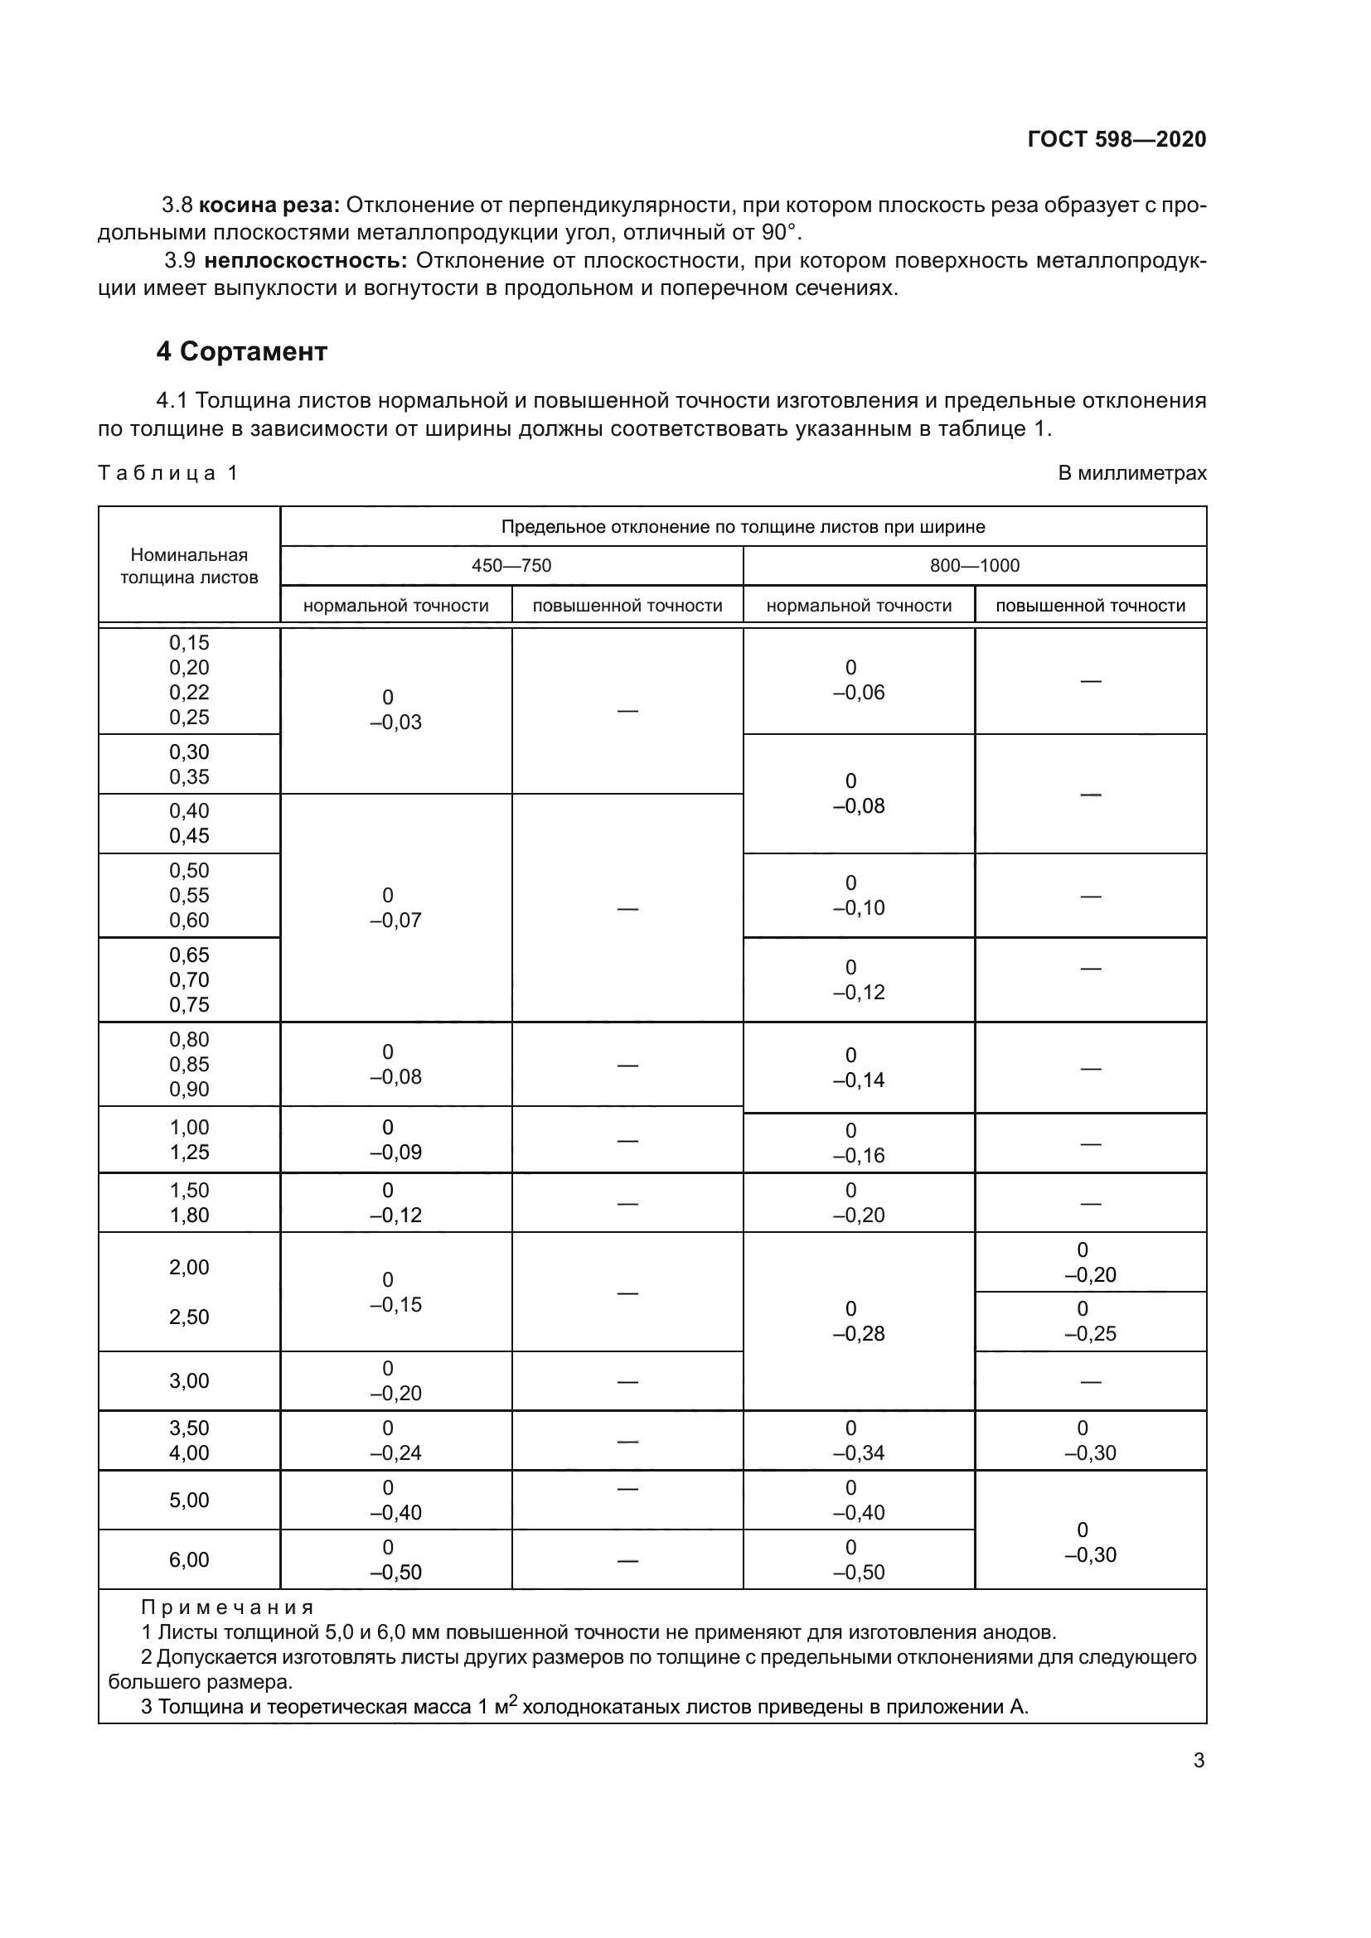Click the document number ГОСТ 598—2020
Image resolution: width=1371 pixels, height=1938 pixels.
tap(1116, 139)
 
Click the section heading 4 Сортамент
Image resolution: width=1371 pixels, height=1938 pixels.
tap(241, 351)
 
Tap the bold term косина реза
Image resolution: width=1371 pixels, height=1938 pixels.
tap(269, 205)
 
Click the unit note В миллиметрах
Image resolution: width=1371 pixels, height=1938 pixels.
tap(1131, 474)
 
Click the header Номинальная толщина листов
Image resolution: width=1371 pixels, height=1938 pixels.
tap(189, 566)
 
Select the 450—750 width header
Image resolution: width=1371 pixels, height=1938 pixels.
tap(511, 566)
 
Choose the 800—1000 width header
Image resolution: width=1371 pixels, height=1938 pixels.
tap(974, 566)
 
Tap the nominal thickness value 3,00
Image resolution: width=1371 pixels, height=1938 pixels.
tap(189, 1380)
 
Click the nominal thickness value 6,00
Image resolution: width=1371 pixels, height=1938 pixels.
tap(189, 1559)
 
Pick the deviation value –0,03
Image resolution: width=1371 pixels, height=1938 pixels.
tap(396, 722)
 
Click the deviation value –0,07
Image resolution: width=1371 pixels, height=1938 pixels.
tap(396, 920)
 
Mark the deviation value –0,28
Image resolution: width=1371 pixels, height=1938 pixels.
tap(859, 1334)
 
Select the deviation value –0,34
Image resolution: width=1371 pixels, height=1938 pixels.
tap(859, 1452)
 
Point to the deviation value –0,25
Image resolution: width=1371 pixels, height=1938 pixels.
tap(1090, 1334)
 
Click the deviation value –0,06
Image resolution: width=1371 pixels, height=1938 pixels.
tap(859, 692)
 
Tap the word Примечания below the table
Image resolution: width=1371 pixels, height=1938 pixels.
tap(227, 1607)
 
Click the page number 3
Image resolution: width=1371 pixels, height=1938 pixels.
tap(1199, 1760)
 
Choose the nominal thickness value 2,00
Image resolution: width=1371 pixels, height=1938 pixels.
tap(189, 1266)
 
